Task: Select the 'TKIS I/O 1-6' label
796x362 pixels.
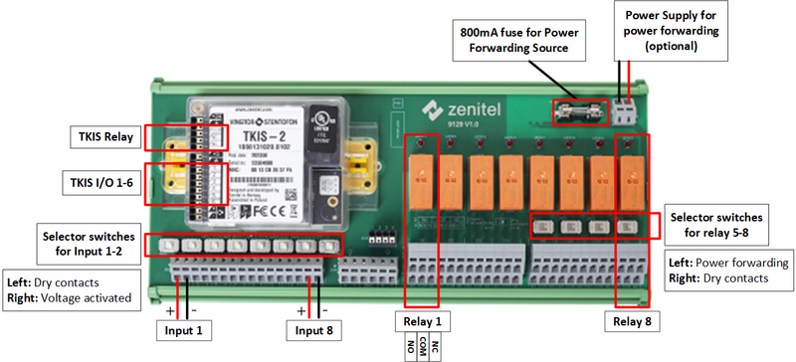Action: pyautogui.click(x=100, y=182)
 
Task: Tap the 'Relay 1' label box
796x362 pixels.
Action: pyautogui.click(x=421, y=321)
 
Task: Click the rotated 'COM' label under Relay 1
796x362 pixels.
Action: pyautogui.click(x=422, y=348)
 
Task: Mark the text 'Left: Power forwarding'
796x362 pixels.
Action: pyautogui.click(x=728, y=263)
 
